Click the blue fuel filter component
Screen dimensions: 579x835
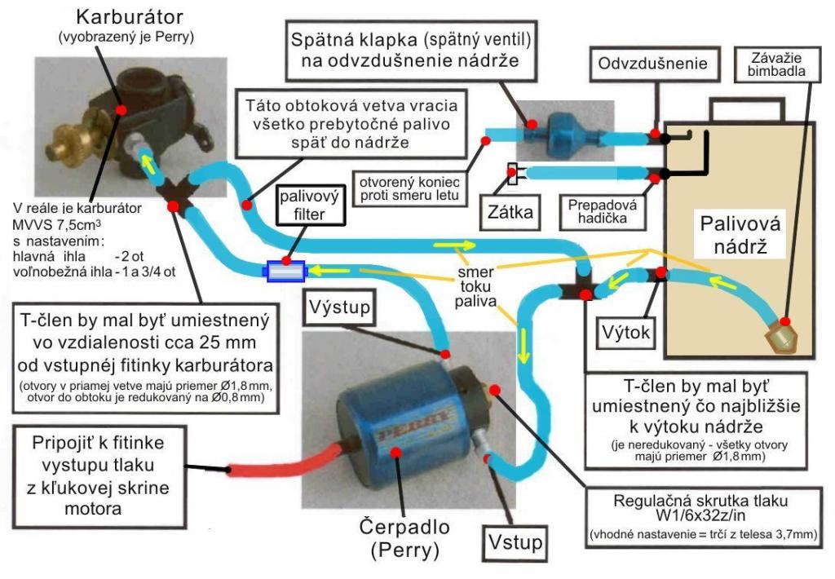(x=285, y=270)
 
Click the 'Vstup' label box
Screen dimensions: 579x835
(x=515, y=542)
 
